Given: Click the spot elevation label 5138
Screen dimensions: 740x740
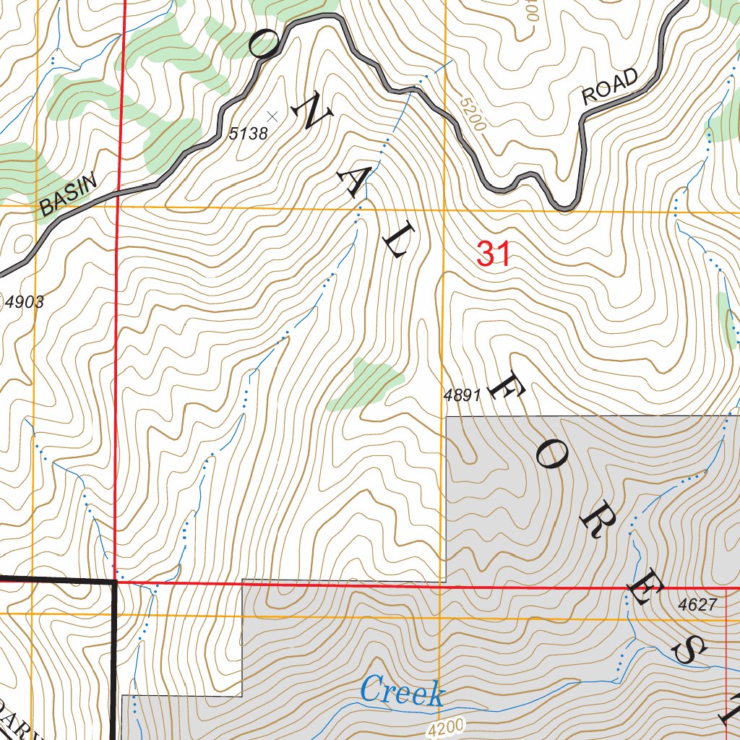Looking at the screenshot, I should pos(249,134).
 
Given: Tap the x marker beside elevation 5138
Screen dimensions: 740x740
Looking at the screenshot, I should pos(272,116).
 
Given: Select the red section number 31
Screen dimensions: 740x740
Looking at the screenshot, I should pos(494,254).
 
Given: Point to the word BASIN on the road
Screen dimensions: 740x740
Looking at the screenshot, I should pos(68,196).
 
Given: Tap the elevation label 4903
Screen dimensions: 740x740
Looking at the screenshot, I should pos(25,303).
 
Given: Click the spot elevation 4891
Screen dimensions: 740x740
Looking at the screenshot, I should pos(462,395).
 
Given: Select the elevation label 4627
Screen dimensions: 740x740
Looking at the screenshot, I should pos(697,605).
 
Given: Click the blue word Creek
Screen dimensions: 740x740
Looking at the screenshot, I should pos(402,692).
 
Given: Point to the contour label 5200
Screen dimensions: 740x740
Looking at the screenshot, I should pos(472,113).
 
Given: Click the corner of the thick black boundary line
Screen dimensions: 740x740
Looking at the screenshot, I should pos(116,580).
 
